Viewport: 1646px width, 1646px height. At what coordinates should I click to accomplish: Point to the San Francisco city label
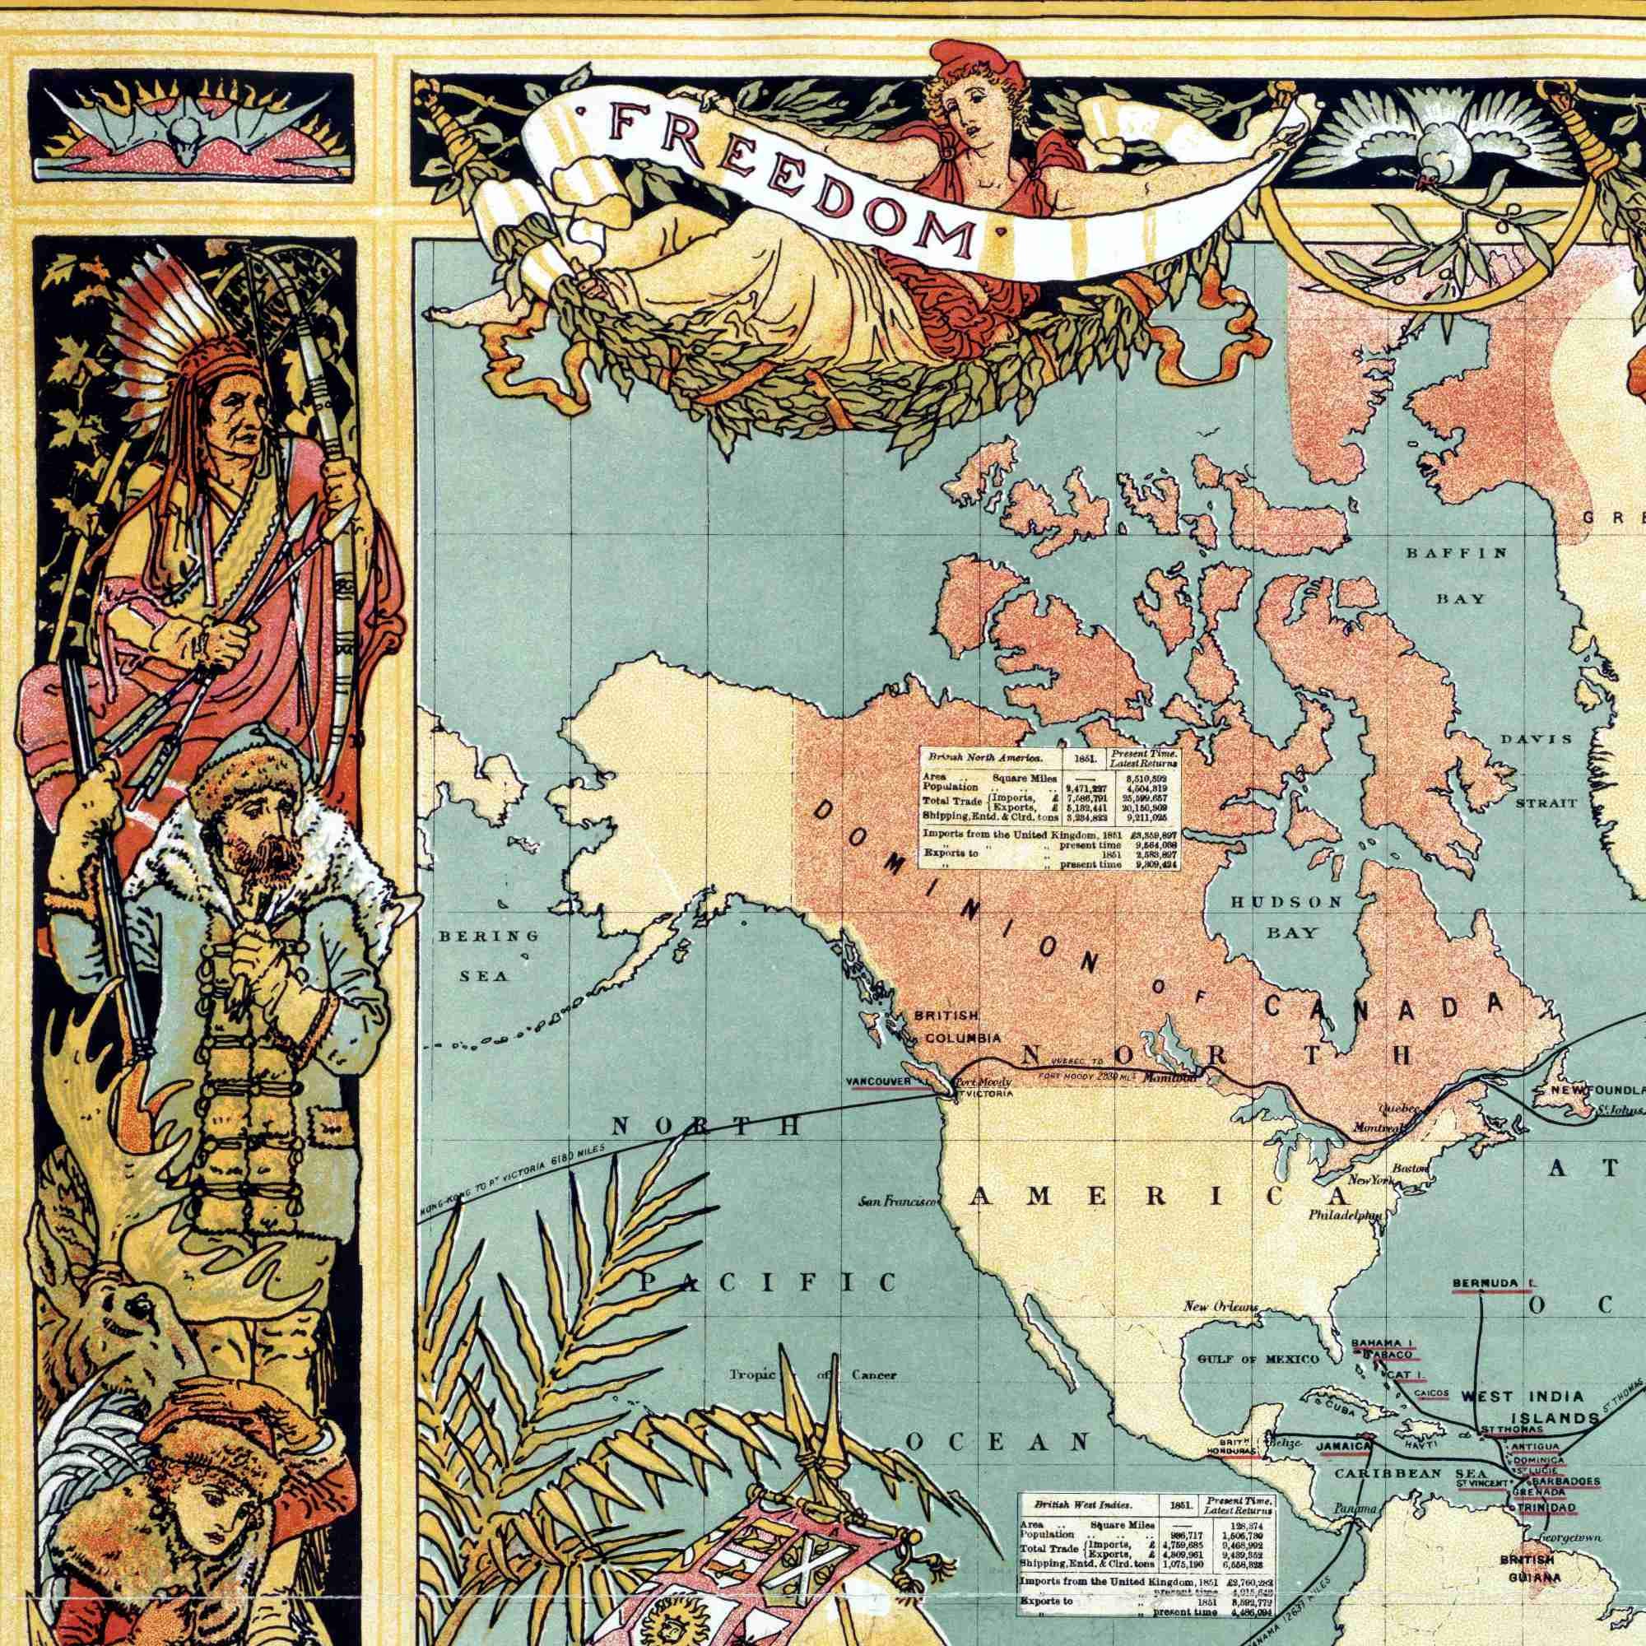coord(899,1202)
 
